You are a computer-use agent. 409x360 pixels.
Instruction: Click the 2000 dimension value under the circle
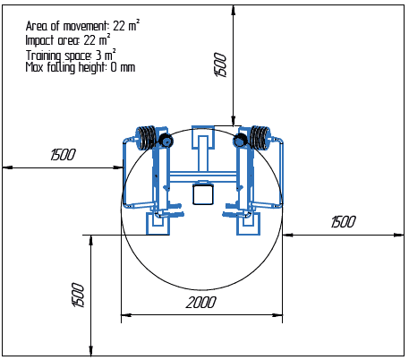point(201,303)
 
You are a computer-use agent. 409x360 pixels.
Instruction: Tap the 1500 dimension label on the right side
point(344,222)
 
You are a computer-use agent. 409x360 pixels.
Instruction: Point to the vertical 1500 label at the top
point(222,65)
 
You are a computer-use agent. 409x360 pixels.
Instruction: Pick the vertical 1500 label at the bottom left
point(78,295)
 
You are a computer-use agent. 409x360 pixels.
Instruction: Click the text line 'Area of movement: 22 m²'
point(82,27)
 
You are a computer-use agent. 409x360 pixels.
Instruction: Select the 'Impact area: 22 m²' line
point(68,40)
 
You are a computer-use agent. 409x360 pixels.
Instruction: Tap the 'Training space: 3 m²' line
point(71,54)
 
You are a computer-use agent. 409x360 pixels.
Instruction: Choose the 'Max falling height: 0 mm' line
point(81,67)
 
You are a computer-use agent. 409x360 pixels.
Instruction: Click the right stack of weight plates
point(260,137)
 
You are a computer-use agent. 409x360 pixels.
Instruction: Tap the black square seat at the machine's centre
point(203,193)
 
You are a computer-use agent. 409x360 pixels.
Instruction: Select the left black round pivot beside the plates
point(166,141)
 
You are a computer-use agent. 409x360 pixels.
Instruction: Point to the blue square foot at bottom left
point(158,225)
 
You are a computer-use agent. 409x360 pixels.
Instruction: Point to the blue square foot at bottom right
point(248,225)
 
